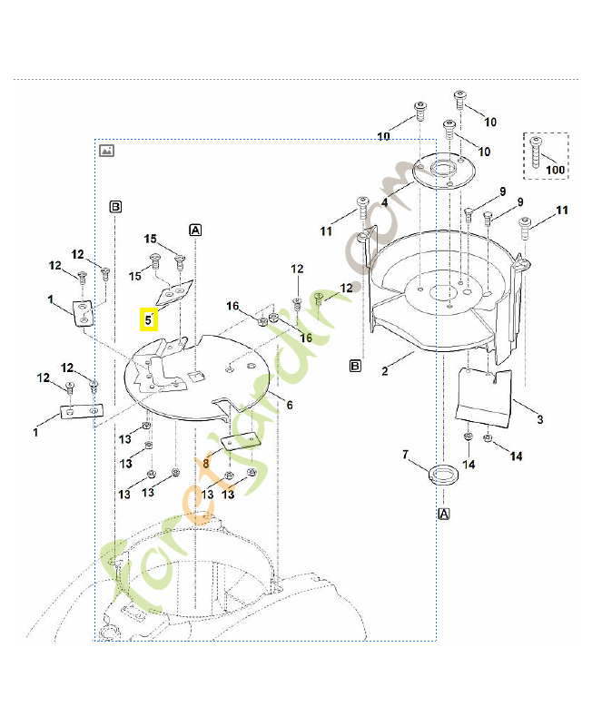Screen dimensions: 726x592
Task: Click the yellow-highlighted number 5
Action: click(148, 319)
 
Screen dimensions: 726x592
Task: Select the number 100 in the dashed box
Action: click(555, 171)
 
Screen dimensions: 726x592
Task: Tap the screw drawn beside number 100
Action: click(538, 152)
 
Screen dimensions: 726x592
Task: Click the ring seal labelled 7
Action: click(444, 475)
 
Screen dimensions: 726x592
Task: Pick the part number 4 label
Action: click(384, 203)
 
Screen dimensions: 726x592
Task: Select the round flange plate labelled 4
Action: click(445, 171)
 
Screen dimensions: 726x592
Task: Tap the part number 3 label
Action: click(540, 419)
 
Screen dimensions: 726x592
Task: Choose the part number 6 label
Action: click(290, 404)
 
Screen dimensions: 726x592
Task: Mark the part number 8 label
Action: click(206, 463)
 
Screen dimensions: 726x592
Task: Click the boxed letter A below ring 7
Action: click(444, 514)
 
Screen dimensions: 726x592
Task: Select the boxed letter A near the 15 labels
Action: click(195, 230)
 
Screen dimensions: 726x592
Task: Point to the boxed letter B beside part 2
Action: click(357, 366)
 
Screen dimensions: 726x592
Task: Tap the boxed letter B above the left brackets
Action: click(115, 207)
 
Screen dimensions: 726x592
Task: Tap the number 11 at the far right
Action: click(562, 211)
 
